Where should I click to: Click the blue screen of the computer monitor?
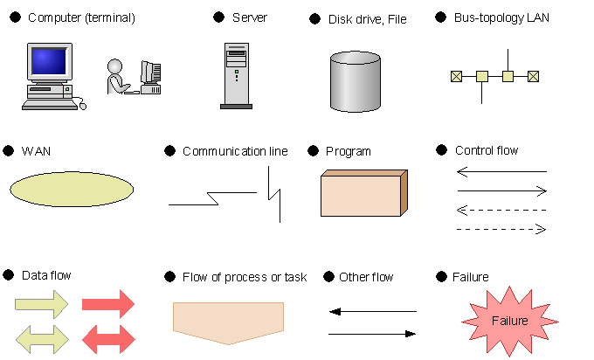(x=49, y=61)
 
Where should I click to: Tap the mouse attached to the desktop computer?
(x=83, y=106)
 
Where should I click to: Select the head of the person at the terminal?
(x=114, y=66)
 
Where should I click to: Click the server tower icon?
(x=237, y=76)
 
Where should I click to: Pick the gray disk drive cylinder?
(x=356, y=81)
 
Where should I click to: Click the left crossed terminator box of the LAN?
(x=457, y=77)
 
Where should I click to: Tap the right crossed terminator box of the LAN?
(x=533, y=77)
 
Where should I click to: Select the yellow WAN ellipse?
(x=72, y=190)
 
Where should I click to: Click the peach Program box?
(x=364, y=193)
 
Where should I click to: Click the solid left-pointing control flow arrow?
(x=501, y=171)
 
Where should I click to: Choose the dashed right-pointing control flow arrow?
(x=501, y=229)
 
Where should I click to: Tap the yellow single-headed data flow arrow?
(x=42, y=304)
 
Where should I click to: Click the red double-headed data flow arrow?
(x=108, y=339)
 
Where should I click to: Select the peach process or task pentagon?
(x=229, y=323)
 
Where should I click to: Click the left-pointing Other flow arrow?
(x=373, y=311)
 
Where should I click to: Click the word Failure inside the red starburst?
(x=510, y=321)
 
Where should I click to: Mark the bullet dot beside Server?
(x=219, y=17)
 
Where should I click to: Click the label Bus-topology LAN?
(x=501, y=17)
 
